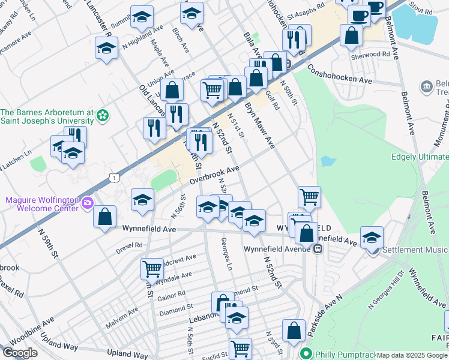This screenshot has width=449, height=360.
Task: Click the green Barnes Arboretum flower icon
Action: [x=103, y=114]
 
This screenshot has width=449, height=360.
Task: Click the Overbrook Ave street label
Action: [x=215, y=175]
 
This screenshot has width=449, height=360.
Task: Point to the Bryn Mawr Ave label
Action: [x=259, y=125]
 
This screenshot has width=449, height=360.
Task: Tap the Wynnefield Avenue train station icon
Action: [x=318, y=249]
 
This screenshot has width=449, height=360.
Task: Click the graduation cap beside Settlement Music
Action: [x=372, y=236]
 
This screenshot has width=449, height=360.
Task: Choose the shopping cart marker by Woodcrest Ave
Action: [x=152, y=268]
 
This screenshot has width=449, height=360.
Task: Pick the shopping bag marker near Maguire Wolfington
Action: [x=105, y=217]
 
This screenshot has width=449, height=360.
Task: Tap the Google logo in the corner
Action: [x=20, y=353]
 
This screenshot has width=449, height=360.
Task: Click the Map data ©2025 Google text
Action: [x=412, y=355]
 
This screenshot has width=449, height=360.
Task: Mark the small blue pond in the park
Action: [x=327, y=161]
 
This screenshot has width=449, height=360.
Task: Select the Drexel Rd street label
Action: [x=130, y=245]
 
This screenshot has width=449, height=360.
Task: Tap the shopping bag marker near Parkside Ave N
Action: [x=294, y=331]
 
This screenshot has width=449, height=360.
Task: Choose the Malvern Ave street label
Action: [x=122, y=316]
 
